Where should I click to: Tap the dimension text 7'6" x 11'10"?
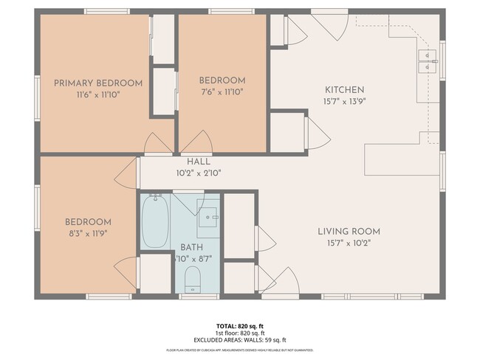(222, 92)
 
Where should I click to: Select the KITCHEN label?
(343, 89)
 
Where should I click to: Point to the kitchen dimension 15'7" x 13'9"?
(343, 101)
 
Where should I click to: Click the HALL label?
(199, 161)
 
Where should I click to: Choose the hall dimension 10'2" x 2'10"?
(199, 173)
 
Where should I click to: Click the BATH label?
(192, 247)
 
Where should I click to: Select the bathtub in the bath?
(155, 222)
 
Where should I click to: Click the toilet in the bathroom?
(192, 279)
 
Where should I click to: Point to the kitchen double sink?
(428, 61)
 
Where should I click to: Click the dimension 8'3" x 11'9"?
(88, 234)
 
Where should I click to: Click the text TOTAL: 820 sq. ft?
(239, 325)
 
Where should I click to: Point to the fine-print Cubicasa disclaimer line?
(239, 350)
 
